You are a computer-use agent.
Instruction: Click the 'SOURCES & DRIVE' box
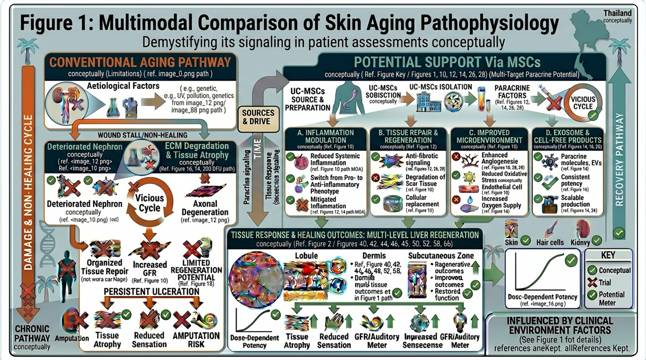tap(258, 117)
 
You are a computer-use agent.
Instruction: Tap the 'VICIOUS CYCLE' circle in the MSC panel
tap(583, 103)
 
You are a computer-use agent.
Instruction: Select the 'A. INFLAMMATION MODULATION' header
tap(325, 136)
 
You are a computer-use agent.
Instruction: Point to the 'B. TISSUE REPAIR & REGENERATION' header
tap(408, 136)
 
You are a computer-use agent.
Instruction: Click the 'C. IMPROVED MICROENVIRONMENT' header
tap(489, 136)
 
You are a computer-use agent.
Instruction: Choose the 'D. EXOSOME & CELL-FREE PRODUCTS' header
tap(568, 136)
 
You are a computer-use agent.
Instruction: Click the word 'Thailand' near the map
tap(617, 13)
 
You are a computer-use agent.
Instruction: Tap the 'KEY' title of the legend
tap(608, 255)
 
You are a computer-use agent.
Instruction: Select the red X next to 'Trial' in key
tap(592, 282)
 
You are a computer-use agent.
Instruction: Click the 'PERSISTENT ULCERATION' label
tap(152, 292)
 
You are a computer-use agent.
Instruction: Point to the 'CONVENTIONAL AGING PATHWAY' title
tap(140, 62)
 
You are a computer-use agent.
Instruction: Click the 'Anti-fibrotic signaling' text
tap(422, 159)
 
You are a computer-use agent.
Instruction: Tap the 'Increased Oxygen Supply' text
tap(501, 202)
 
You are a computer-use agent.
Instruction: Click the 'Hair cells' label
tap(550, 242)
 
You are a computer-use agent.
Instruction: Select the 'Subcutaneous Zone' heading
tap(441, 256)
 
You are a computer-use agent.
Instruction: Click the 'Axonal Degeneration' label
tap(205, 208)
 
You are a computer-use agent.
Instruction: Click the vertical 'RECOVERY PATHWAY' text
tap(619, 159)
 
